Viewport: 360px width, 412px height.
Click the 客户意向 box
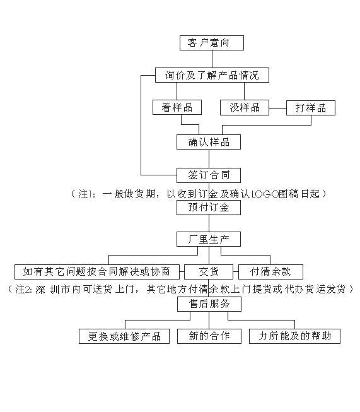(x=212, y=43)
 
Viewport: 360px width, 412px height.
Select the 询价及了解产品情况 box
(x=212, y=75)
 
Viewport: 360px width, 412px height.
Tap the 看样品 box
(x=177, y=107)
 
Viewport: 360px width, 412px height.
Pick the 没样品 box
(x=245, y=107)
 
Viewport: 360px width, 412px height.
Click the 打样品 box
(x=311, y=108)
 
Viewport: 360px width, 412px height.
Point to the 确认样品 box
(x=209, y=142)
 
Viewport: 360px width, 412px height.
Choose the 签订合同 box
(x=209, y=175)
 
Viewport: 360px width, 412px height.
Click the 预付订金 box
(x=209, y=208)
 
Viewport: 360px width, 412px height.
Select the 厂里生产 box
(x=209, y=239)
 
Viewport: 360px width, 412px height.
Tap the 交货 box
(x=209, y=272)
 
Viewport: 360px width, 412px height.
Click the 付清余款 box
(x=270, y=272)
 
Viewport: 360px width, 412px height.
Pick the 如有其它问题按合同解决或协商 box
(x=97, y=272)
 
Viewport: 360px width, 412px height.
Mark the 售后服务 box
(x=209, y=304)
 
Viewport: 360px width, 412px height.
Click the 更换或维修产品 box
(x=124, y=336)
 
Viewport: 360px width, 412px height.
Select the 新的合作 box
(x=209, y=336)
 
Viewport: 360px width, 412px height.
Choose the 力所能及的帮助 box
(x=294, y=336)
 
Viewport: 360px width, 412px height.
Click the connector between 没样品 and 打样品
(x=277, y=108)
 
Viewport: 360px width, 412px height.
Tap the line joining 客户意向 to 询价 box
(x=212, y=59)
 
